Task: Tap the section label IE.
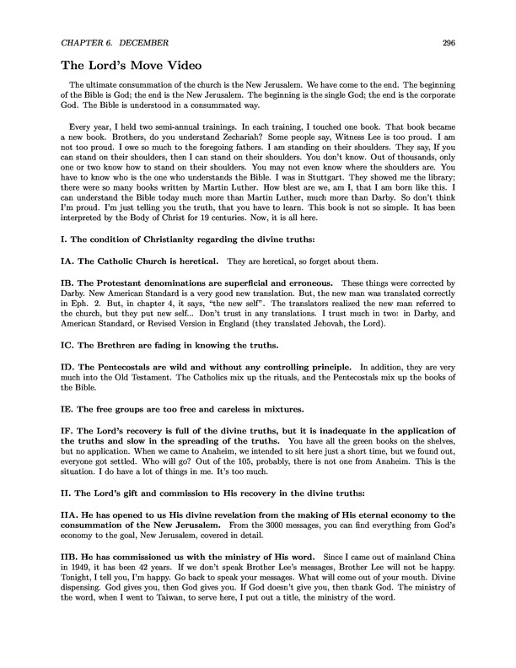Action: coord(68,432)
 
